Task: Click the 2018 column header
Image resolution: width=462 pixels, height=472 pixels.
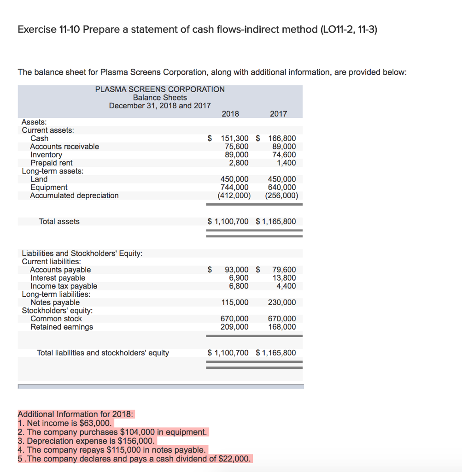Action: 230,114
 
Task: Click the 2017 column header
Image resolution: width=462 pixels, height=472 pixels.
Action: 278,114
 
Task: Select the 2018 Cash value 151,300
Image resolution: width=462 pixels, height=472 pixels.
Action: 235,138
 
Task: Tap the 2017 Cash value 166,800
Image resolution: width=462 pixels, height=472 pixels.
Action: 282,138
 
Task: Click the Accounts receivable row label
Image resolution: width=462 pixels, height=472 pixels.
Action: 64,147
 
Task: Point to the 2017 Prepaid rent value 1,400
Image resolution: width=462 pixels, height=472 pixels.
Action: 286,163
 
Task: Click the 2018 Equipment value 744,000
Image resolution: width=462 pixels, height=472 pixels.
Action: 235,187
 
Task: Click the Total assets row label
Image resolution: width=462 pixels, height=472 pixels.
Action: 59,222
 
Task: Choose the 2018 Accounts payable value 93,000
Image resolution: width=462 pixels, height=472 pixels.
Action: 237,270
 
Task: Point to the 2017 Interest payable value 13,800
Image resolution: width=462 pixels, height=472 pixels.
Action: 284,278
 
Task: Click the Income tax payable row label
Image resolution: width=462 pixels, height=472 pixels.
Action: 64,286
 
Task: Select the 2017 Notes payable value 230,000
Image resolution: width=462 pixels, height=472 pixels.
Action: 282,303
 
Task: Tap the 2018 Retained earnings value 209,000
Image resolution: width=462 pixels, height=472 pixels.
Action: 235,327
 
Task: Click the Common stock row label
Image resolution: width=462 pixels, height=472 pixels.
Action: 56,319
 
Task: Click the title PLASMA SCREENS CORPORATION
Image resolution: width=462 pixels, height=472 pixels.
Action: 160,89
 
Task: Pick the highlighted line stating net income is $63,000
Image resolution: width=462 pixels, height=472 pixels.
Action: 65,423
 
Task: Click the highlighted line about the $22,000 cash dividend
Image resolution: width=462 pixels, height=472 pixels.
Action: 135,459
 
